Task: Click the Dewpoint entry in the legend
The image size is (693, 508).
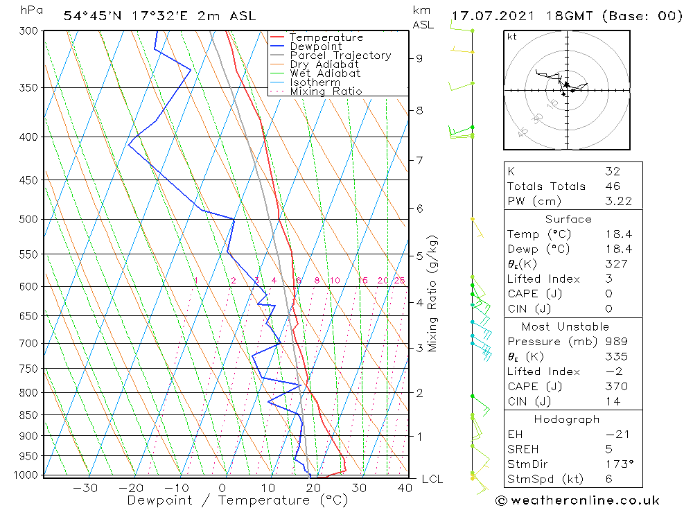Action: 316,46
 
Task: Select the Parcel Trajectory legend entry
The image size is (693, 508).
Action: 340,55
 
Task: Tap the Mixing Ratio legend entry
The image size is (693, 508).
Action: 326,91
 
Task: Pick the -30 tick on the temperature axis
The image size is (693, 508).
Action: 85,488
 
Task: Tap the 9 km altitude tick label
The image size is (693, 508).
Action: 419,58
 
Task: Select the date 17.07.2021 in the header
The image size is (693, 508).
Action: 489,16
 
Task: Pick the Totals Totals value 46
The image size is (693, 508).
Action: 612,186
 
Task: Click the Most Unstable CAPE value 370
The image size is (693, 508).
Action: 614,387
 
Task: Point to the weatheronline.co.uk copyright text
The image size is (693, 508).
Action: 577,500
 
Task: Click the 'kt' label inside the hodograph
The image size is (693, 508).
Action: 512,37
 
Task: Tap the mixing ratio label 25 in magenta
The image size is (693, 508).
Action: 399,281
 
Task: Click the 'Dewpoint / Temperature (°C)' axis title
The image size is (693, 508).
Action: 238,500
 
